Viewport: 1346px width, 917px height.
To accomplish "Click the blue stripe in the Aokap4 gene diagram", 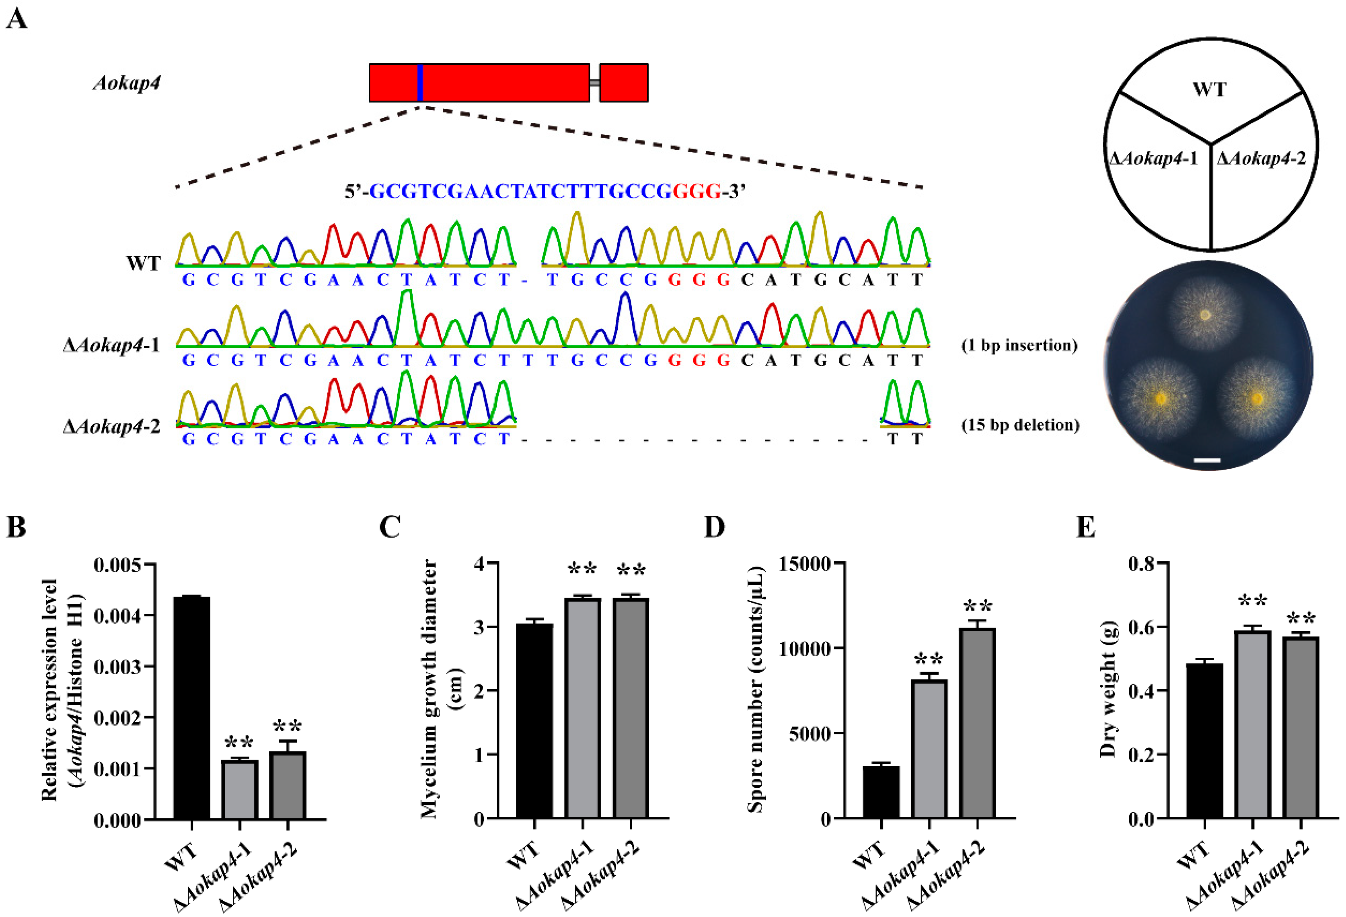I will click(x=420, y=83).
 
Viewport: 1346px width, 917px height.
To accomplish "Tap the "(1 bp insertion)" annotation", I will click(x=1019, y=346).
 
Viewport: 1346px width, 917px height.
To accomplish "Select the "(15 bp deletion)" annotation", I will click(x=1021, y=425).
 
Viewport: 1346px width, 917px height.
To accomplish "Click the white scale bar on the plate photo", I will click(x=1207, y=460).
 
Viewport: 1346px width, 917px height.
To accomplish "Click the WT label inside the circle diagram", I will click(x=1209, y=90).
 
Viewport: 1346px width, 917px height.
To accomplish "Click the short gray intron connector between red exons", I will click(x=594, y=83).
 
